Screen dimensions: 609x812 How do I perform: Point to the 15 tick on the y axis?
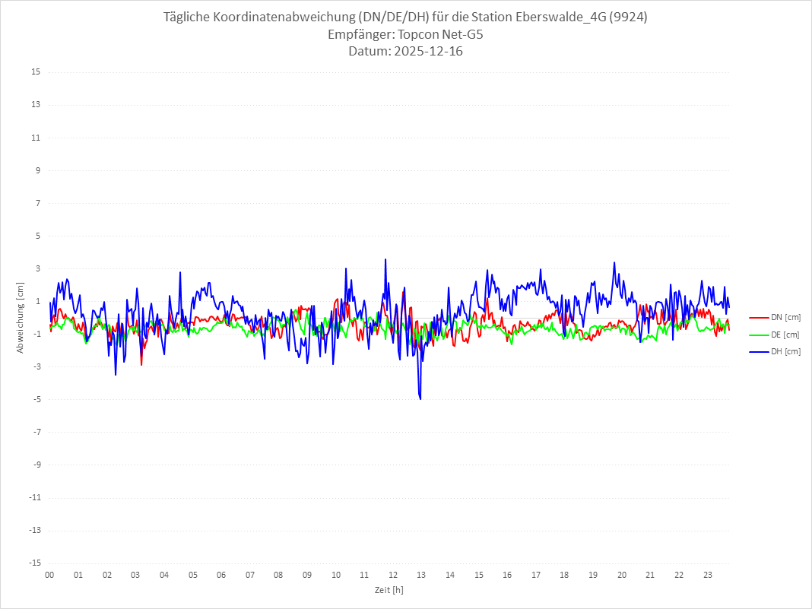tap(36, 72)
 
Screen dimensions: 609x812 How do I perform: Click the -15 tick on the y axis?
tap(34, 563)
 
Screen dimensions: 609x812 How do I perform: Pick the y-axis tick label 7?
tap(37, 203)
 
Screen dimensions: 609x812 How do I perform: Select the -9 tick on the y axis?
tap(36, 465)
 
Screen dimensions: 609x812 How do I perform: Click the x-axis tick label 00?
tap(49, 575)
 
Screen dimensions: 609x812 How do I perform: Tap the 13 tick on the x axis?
tap(422, 575)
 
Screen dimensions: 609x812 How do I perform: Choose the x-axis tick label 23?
tap(708, 575)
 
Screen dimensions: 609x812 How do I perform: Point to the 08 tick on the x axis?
tap(278, 575)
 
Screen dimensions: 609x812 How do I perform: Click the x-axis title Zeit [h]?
tap(389, 590)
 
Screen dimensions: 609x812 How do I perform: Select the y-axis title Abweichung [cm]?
tap(21, 318)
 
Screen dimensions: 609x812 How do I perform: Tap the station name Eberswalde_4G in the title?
tap(563, 17)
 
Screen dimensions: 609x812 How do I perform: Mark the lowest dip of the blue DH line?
tap(420, 398)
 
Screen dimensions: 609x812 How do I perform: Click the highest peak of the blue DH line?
tap(385, 259)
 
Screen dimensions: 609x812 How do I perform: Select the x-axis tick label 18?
tap(565, 575)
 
